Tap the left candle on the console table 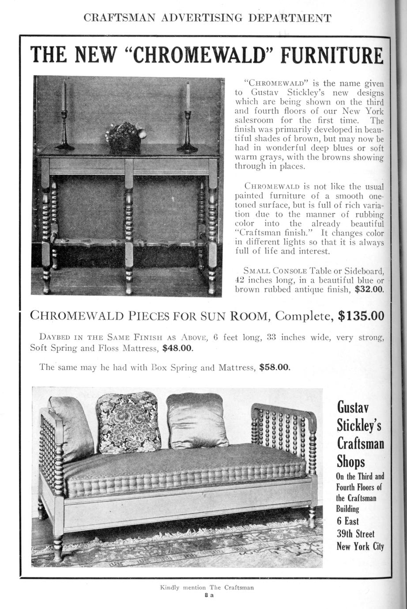pyautogui.click(x=64, y=97)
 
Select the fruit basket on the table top pyautogui.click(x=125, y=137)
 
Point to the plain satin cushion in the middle pyautogui.click(x=196, y=420)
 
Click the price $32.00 pyautogui.click(x=369, y=289)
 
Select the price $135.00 pyautogui.click(x=361, y=316)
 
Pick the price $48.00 pyautogui.click(x=178, y=348)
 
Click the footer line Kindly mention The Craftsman pyautogui.click(x=207, y=587)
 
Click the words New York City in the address pyautogui.click(x=360, y=546)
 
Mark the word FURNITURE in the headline pyautogui.click(x=332, y=56)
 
